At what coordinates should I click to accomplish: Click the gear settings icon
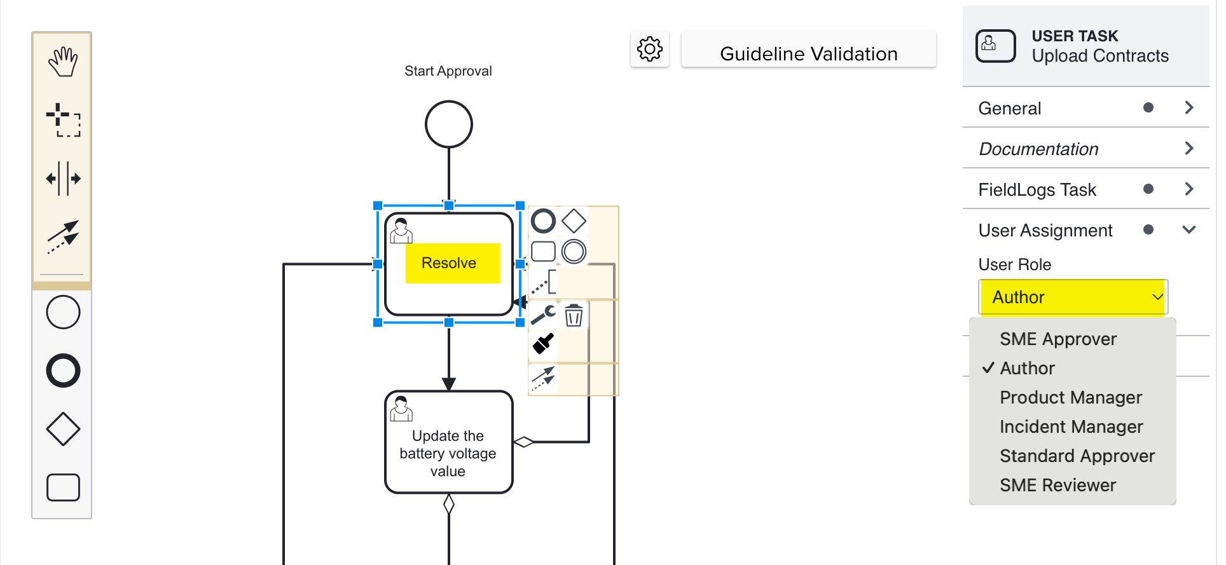[649, 50]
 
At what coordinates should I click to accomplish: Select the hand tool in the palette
[62, 62]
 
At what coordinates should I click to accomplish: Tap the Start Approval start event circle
[448, 124]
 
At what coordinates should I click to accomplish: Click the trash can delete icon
[574, 315]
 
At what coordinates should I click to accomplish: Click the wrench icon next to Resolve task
[543, 314]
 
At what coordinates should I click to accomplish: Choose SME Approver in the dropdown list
[1057, 339]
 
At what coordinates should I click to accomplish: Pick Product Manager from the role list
[1071, 397]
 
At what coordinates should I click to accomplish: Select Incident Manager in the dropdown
[1071, 426]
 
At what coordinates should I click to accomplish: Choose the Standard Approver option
[1077, 456]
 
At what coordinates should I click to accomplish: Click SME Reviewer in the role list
[1057, 485]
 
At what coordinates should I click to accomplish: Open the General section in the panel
[1085, 108]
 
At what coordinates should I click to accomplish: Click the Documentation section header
[1085, 149]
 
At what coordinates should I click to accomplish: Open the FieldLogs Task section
[1085, 189]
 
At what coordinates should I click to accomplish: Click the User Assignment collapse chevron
[1188, 230]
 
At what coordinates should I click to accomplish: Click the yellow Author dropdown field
[1073, 297]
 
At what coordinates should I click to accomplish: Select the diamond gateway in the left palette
[63, 429]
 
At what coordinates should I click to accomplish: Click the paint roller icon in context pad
[543, 344]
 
